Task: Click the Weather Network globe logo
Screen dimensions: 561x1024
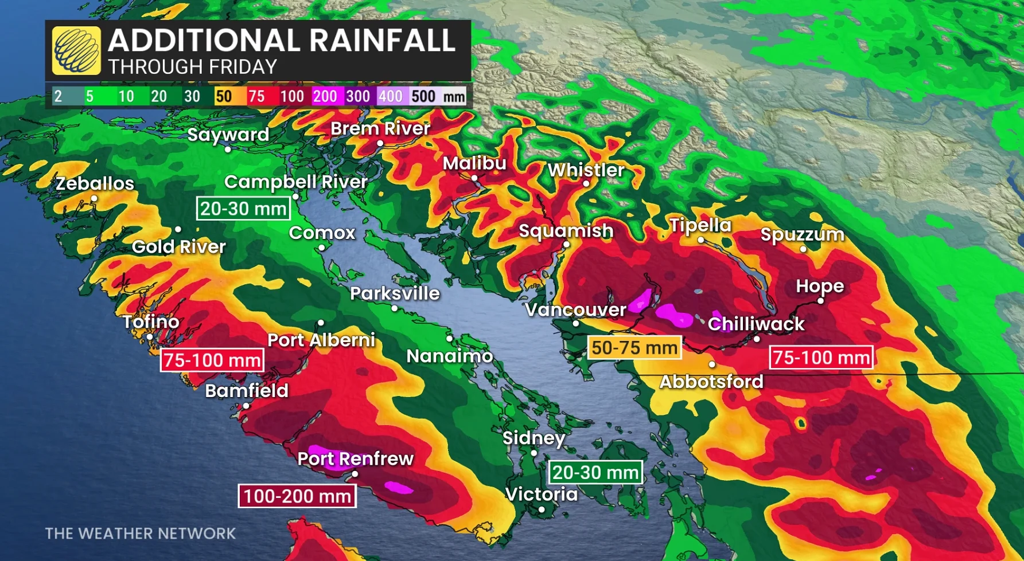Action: coord(76,50)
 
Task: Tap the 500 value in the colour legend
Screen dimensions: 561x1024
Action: coord(423,96)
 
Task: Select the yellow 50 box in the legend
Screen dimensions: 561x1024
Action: coord(224,96)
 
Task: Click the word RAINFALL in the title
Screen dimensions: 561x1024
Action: coord(382,41)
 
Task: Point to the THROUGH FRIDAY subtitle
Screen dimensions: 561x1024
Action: coord(193,67)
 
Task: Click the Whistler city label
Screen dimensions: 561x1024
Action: coord(586,170)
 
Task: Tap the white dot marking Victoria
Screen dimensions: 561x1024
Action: coord(542,509)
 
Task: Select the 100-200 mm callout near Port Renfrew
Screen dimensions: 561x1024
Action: coord(297,496)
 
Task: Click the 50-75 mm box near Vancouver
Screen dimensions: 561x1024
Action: coord(634,347)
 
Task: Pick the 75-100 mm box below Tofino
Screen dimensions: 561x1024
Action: coord(212,360)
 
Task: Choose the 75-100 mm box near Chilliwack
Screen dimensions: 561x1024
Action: coord(821,358)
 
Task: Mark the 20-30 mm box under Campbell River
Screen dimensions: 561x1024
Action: coord(243,209)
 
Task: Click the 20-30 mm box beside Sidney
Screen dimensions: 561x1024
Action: coord(595,473)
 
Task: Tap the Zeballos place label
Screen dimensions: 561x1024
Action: coord(95,183)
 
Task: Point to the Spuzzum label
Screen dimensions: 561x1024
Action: coord(802,234)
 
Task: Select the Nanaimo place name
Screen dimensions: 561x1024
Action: coord(449,356)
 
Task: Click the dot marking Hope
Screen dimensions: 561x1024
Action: coord(820,301)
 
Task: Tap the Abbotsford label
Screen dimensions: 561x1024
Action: coord(711,382)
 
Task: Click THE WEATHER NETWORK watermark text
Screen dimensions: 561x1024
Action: coord(140,533)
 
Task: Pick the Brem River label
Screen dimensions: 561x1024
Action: coord(380,128)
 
